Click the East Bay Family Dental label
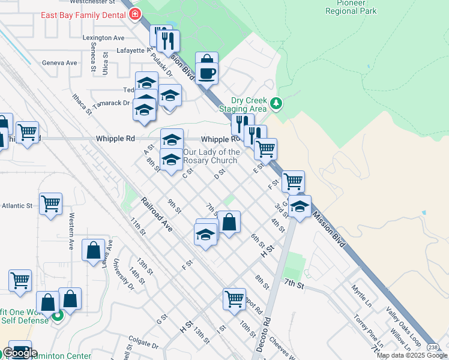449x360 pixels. tap(82, 14)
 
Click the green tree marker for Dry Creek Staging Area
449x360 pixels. tap(276, 104)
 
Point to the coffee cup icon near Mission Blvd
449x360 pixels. tap(207, 74)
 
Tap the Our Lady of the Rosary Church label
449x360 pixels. tap(211, 156)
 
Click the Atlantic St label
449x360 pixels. tap(17, 206)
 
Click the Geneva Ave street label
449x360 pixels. tap(59, 62)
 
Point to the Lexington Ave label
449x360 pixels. tap(103, 37)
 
